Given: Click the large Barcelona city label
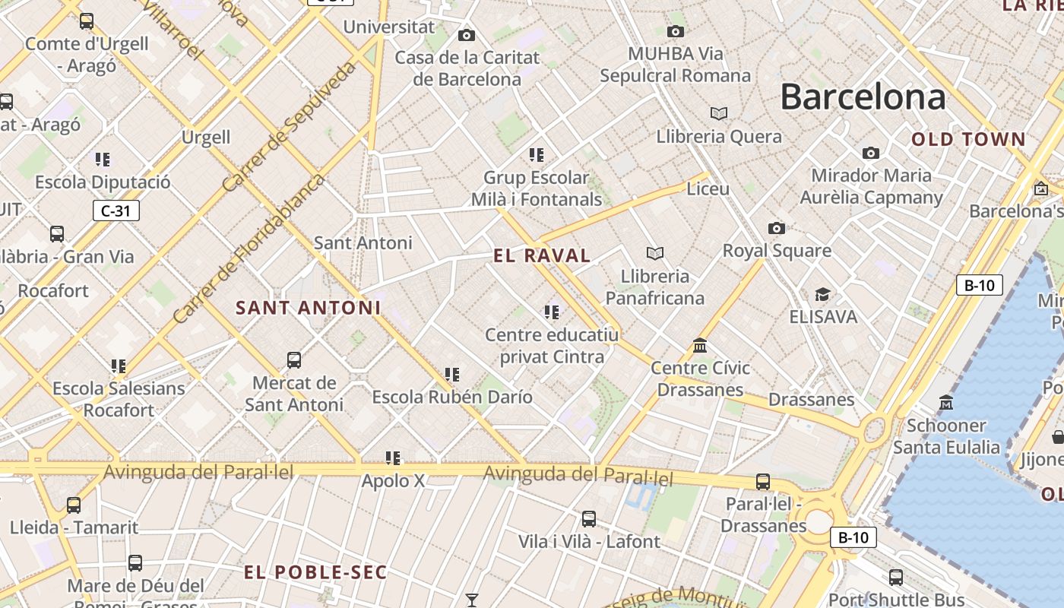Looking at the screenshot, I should click(863, 97).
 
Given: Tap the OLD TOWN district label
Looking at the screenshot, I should click(968, 139).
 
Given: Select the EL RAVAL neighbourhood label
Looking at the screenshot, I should click(542, 255).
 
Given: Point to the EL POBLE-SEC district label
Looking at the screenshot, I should click(315, 572).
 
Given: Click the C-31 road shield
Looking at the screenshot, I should click(116, 211).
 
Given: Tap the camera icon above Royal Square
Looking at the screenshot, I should click(776, 228).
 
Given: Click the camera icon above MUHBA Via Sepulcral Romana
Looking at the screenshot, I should click(675, 31).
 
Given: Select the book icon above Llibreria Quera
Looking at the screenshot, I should click(718, 113).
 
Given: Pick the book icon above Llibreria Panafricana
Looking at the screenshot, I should click(654, 253).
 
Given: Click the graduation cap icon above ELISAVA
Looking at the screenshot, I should click(822, 294).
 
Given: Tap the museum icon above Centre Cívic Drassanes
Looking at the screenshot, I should click(700, 346).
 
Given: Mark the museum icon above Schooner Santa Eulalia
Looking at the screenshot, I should click(946, 402).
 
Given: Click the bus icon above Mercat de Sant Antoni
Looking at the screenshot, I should click(293, 359).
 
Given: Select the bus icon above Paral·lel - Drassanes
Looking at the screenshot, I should click(762, 481).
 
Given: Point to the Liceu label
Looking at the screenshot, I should click(708, 188).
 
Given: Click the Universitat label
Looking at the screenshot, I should click(388, 27).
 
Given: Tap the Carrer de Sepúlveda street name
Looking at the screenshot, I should click(289, 127).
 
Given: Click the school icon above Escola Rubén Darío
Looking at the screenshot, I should click(452, 374).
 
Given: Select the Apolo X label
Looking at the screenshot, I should click(393, 480).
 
